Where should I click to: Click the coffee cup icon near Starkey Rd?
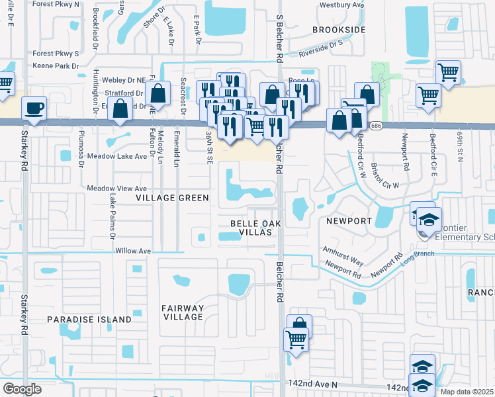(34, 108)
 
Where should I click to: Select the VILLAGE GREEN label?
(172, 198)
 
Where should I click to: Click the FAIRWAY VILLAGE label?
(183, 312)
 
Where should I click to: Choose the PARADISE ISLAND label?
(89, 320)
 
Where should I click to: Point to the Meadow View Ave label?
(117, 189)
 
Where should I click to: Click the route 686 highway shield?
(376, 125)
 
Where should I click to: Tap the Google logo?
(22, 388)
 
